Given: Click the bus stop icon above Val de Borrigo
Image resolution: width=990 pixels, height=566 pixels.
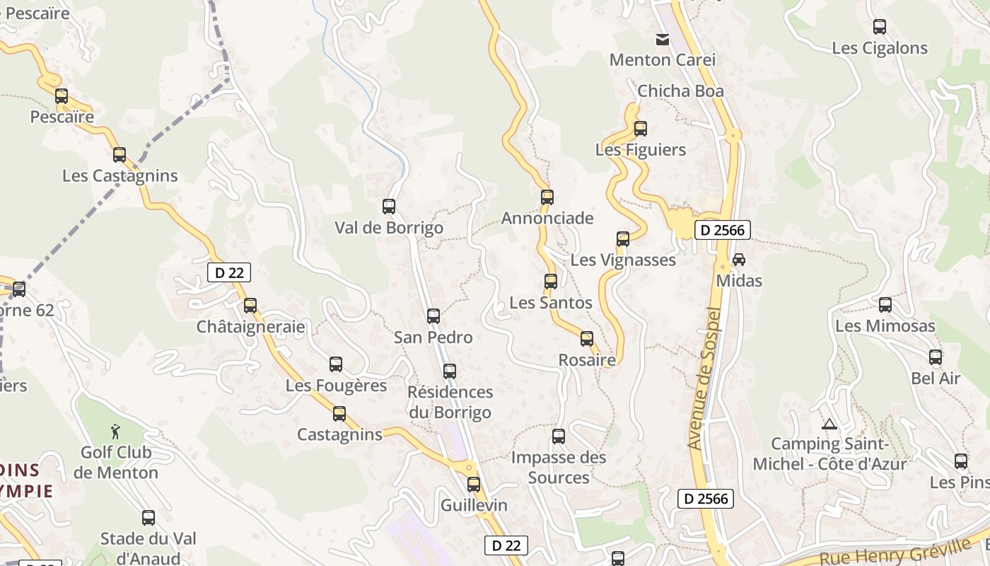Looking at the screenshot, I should (x=388, y=207).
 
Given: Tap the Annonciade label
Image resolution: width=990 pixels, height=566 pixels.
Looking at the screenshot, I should (x=547, y=218).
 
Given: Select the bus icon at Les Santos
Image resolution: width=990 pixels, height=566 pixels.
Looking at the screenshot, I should (x=551, y=282).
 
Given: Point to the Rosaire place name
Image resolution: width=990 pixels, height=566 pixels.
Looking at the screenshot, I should (x=587, y=359).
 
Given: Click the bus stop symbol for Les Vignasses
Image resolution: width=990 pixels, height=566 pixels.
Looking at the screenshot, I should (x=623, y=239).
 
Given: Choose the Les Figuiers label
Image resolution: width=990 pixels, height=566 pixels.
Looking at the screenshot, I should (x=641, y=150).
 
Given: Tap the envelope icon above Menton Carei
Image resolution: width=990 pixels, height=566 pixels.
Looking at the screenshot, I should (x=663, y=40).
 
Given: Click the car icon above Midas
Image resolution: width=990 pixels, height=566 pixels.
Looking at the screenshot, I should (x=739, y=260).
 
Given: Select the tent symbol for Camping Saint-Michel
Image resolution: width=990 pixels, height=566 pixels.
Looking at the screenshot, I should (x=829, y=424).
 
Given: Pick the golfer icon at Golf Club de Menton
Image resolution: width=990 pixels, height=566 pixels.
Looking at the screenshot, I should (x=115, y=431).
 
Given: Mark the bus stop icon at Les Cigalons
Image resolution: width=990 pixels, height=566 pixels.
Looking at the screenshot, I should (x=880, y=27).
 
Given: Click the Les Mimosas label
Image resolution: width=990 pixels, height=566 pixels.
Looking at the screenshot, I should (x=885, y=326).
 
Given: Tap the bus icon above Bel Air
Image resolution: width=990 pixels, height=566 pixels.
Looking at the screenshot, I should (x=936, y=357).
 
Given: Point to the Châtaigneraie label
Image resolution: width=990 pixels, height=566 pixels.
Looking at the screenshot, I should (x=251, y=327).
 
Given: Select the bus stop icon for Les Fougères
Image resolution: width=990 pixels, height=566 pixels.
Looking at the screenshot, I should (x=336, y=364).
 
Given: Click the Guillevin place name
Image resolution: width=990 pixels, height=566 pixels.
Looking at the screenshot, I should (x=474, y=505).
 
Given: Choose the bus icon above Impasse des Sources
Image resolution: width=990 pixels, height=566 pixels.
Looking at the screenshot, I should (x=559, y=437).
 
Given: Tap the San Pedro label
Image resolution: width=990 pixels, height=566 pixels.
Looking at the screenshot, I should (x=433, y=337).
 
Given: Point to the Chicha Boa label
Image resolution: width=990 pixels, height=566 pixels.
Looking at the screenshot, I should (x=680, y=91).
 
